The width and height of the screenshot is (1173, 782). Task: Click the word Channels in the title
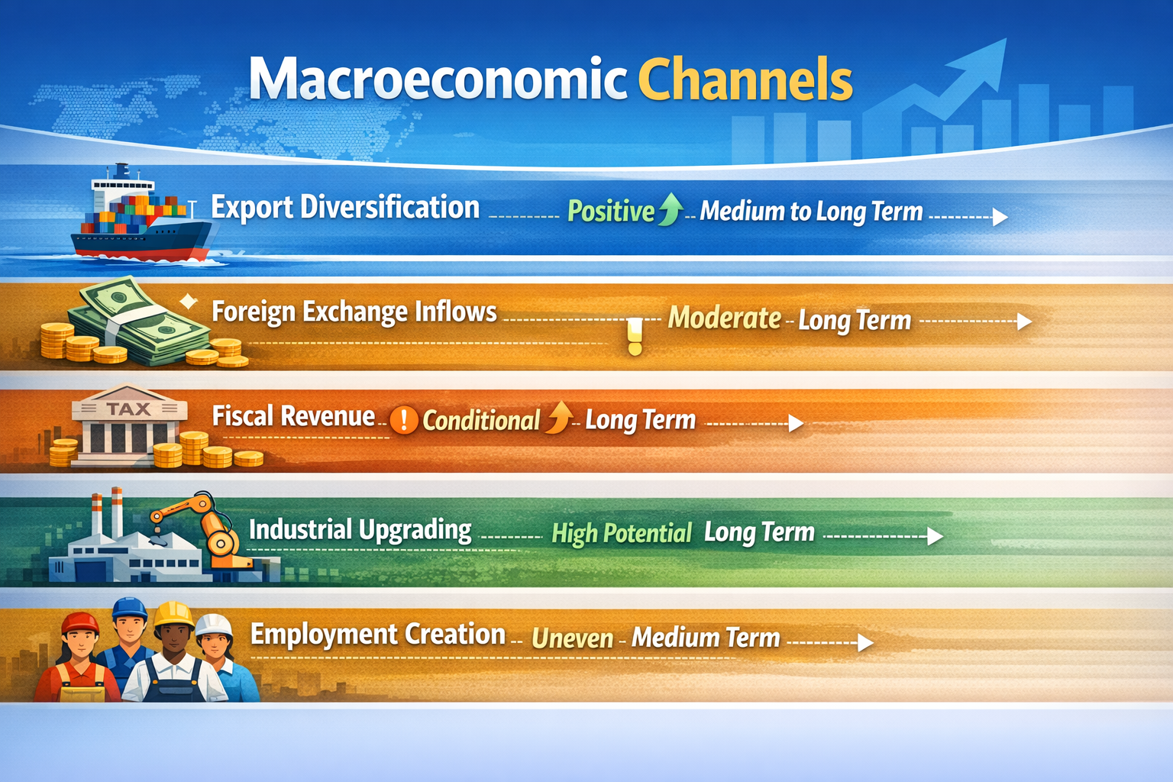(745, 80)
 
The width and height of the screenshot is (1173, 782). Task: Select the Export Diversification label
(345, 208)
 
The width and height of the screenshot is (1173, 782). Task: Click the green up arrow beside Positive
(671, 208)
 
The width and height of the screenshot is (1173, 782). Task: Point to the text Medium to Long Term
(811, 212)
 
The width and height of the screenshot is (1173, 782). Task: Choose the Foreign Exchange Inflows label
(354, 312)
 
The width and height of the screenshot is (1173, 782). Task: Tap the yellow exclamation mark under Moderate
(635, 336)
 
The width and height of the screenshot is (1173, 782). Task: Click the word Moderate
(724, 318)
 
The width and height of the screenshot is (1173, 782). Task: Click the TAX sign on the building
(128, 409)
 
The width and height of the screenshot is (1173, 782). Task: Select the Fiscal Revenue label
(293, 416)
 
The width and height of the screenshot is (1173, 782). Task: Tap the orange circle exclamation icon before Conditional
(404, 420)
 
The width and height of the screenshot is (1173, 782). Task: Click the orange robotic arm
(206, 527)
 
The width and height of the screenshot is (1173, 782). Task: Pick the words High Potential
(621, 533)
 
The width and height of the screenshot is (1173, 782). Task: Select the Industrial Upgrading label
(360, 530)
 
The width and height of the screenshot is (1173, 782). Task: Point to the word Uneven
(572, 638)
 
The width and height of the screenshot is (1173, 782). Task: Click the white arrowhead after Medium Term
(865, 643)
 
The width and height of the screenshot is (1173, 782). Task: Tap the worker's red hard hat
(80, 623)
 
